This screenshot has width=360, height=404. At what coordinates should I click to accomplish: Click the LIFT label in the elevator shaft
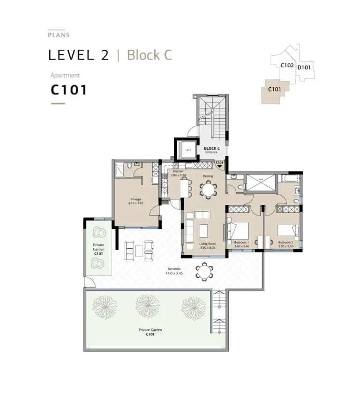coord(188,150)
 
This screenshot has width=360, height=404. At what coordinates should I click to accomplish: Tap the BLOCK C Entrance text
coord(212,150)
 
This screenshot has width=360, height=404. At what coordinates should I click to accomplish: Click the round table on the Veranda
coord(204,271)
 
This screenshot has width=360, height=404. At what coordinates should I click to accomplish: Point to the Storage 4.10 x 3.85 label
coord(135,201)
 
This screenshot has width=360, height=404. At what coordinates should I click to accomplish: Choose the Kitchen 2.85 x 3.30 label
coord(179,173)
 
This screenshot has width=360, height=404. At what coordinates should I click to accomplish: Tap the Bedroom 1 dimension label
coord(242,244)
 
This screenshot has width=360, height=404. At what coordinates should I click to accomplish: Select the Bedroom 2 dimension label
coord(285,244)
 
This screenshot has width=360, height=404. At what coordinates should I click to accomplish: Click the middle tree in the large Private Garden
coord(148,306)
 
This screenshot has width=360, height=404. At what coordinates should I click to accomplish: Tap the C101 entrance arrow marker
coord(219,165)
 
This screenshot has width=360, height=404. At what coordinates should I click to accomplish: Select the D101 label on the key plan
coord(304,67)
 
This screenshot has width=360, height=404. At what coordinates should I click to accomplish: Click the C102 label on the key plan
coord(287,66)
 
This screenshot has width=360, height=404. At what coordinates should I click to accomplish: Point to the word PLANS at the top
coord(59,35)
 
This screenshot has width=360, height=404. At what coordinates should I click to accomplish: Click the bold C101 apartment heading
coord(69,90)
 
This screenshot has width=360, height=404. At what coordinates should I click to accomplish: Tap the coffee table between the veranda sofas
coord(138,250)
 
